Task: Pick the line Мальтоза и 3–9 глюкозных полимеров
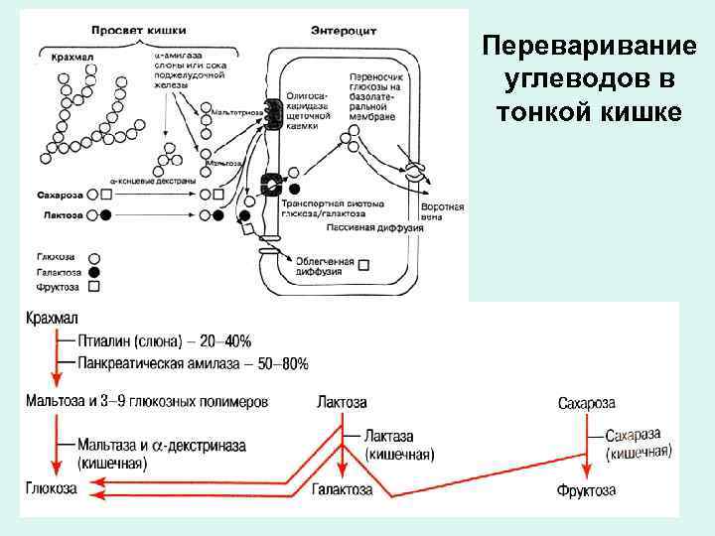click(x=146, y=402)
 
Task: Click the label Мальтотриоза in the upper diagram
click(x=235, y=112)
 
